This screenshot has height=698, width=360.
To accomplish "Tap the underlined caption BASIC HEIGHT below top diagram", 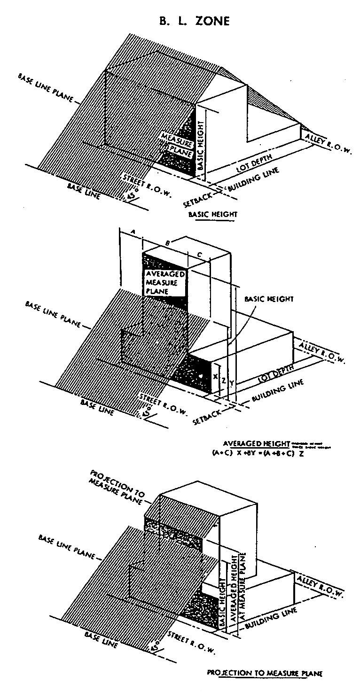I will (x=212, y=214).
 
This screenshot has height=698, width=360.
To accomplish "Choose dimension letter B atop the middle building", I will (x=168, y=244).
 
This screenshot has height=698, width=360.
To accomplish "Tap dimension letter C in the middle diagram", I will (x=200, y=255).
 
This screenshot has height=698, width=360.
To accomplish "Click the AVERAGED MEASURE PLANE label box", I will (x=164, y=282).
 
